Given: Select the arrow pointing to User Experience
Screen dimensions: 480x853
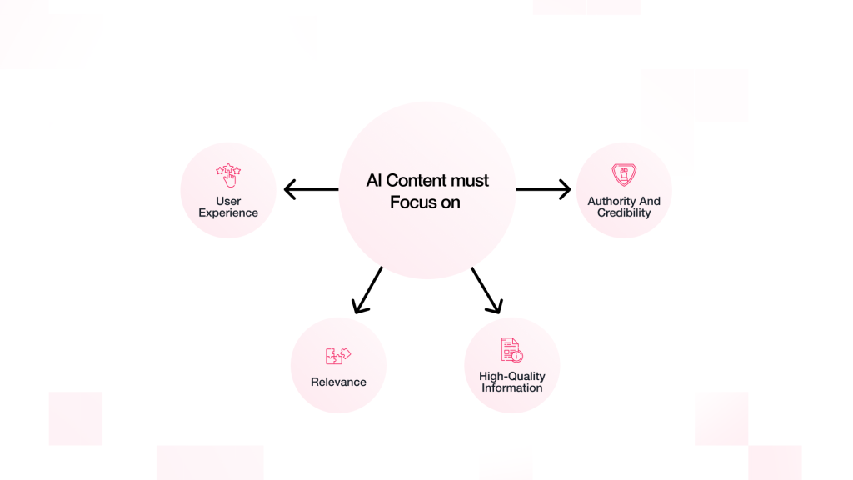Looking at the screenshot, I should [311, 190].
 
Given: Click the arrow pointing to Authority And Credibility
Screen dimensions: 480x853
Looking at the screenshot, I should [543, 190].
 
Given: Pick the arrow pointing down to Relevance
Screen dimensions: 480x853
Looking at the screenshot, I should [367, 290].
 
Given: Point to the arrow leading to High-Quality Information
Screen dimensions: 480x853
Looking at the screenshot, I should [486, 290].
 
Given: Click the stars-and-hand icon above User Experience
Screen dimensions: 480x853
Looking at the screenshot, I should [228, 175].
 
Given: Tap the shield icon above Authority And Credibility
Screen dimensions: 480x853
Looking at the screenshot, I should [624, 175].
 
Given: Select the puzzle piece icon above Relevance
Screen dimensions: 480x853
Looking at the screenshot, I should [338, 357].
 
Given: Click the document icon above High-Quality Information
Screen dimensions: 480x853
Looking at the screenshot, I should [511, 350].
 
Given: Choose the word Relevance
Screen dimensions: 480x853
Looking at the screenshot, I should [338, 382].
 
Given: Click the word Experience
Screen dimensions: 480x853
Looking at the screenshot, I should [228, 213].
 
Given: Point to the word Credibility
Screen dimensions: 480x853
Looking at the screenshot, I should [624, 213].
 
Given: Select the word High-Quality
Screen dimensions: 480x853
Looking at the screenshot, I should [512, 377].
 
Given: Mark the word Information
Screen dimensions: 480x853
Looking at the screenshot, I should [512, 388].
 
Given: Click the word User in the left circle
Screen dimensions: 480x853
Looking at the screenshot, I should [228, 202].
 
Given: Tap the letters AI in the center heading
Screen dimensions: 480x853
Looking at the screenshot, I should [373, 181].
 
